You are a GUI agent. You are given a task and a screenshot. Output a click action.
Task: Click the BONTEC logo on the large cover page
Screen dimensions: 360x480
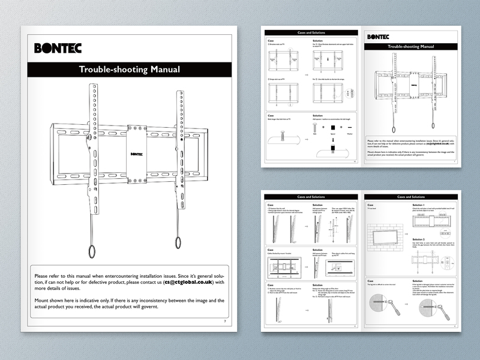coord(58,48)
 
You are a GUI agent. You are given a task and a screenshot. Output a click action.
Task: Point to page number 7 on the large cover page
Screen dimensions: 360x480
coord(224,322)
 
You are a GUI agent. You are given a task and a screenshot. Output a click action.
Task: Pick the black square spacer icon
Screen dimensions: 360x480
coord(334,128)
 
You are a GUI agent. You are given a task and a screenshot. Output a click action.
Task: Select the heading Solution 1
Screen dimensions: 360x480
coord(421,205)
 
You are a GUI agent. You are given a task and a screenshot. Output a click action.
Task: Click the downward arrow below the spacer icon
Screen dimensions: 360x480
coord(334,141)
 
